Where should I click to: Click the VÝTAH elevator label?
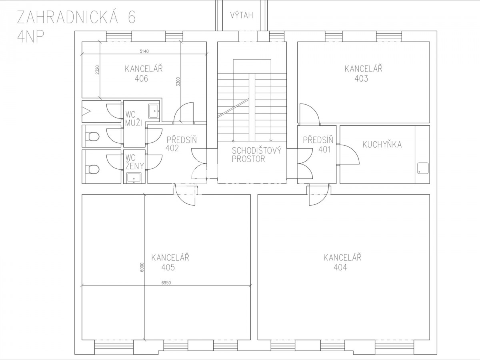pos(242,15)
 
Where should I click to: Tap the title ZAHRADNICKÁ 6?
pos(76,17)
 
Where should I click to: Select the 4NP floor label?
pos(30,36)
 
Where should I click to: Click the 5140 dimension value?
pos(144,51)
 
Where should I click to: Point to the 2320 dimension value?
pos(97,70)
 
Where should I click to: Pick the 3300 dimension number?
pos(178,82)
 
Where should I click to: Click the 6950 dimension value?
pos(166,283)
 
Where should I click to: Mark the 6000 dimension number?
pos(142,267)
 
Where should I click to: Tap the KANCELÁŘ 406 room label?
pos(144,73)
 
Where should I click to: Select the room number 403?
pos(361,78)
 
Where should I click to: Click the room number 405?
pos(168,267)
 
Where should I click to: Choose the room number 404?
pos(340,267)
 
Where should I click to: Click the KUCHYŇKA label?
pos(382,145)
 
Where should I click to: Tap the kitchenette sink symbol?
pos(423,168)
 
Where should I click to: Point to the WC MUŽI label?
pos(134,119)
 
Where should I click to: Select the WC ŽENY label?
pos(135,162)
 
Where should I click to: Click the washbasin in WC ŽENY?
pos(134,178)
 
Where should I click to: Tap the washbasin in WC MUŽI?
pos(154,111)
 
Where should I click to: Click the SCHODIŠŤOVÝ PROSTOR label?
pos(256,155)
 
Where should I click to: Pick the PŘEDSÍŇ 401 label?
pos(318,145)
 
